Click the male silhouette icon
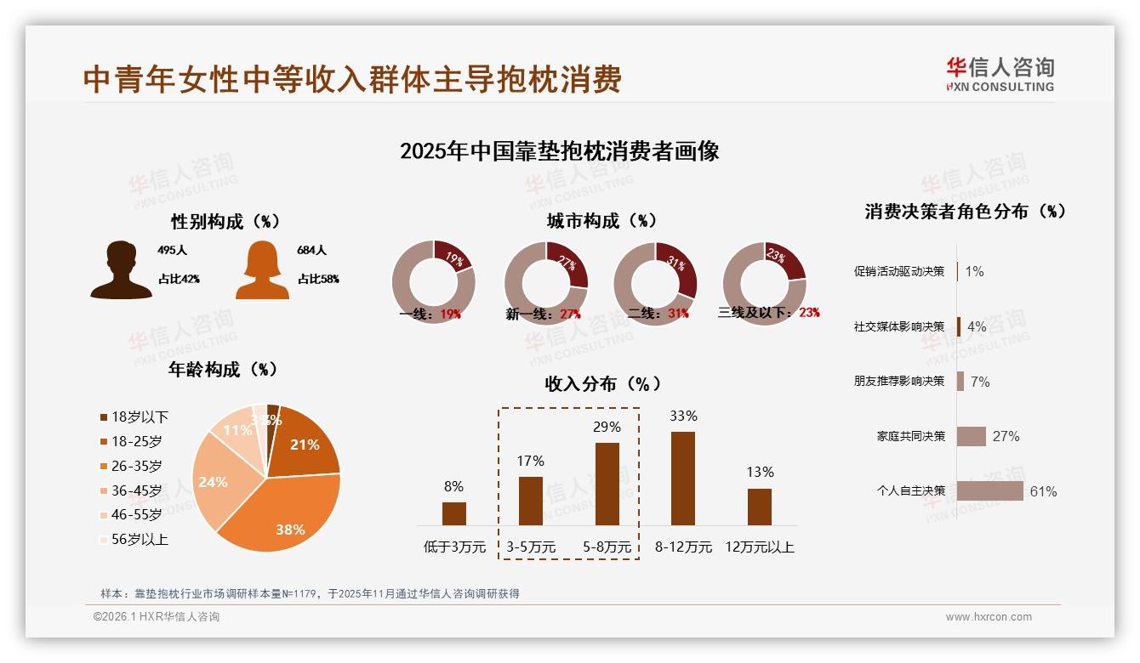tap(121, 270)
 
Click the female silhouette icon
tap(262, 270)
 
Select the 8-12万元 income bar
tap(683, 479)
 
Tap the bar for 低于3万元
tap(454, 513)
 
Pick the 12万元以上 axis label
tap(759, 547)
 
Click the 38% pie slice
tap(281, 510)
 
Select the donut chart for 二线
tap(655, 283)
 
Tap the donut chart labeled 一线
tap(433, 283)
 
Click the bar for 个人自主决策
tap(990, 491)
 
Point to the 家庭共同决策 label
tap(911, 437)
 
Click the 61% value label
tap(1043, 492)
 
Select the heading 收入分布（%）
tap(602, 384)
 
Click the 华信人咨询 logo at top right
tap(1000, 75)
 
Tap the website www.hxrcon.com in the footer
tap(989, 617)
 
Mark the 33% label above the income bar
tap(683, 416)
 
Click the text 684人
tap(312, 251)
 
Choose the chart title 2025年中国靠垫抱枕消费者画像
tap(560, 152)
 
